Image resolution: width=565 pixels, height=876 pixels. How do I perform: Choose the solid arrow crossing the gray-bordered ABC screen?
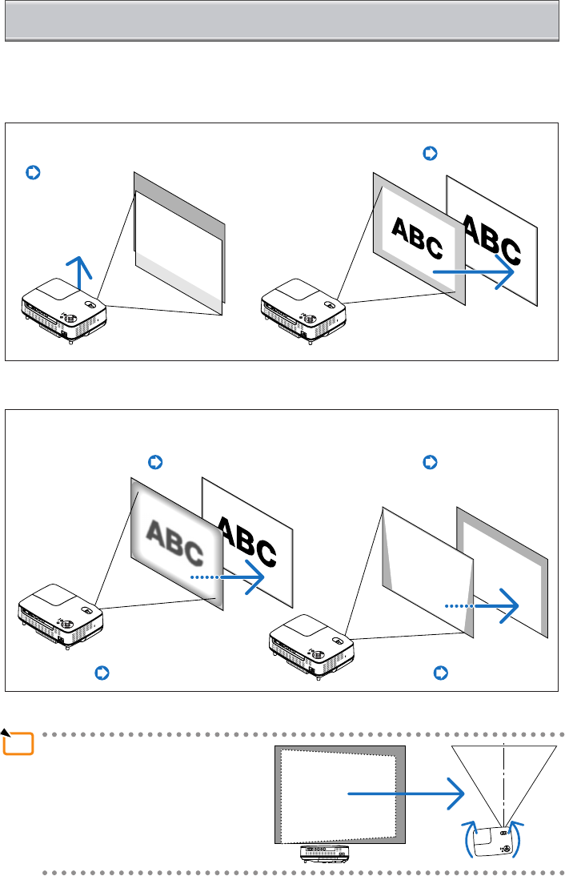tap(472, 273)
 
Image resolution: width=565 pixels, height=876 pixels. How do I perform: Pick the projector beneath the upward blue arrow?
tap(64, 315)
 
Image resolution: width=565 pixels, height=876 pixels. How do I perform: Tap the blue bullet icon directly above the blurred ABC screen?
tap(156, 462)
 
